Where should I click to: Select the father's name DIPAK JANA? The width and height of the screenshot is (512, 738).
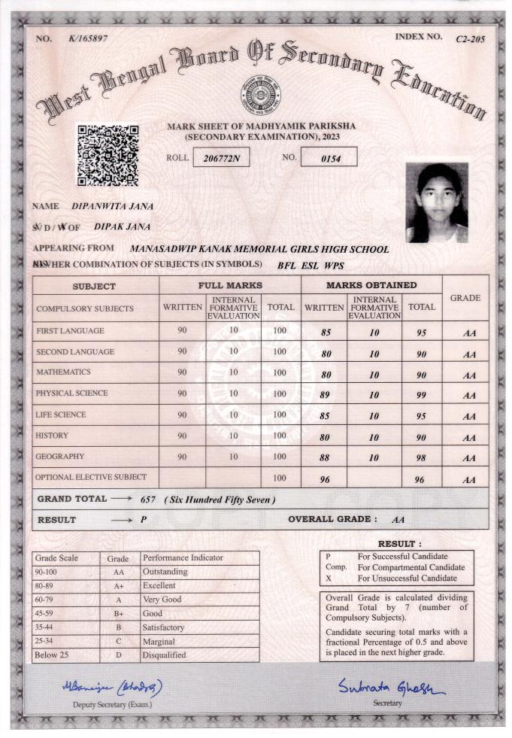click(x=122, y=226)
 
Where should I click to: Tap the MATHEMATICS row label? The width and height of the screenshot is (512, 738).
click(x=63, y=372)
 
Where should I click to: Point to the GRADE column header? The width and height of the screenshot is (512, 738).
click(x=465, y=298)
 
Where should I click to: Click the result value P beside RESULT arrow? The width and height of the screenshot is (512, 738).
click(x=143, y=520)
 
